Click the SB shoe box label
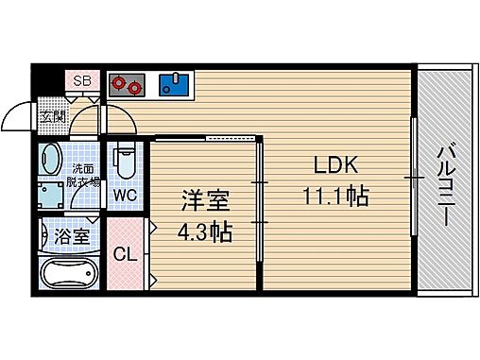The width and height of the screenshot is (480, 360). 80,81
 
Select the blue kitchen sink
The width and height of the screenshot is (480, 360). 174,85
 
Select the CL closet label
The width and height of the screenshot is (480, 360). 124,254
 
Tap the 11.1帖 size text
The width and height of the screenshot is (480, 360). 334,197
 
